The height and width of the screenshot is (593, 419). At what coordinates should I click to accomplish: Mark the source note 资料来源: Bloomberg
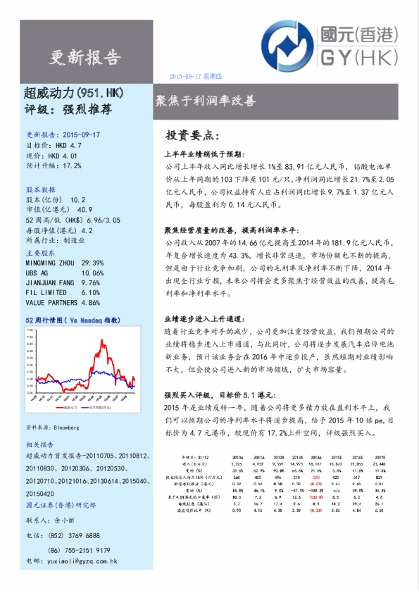click(53, 427)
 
